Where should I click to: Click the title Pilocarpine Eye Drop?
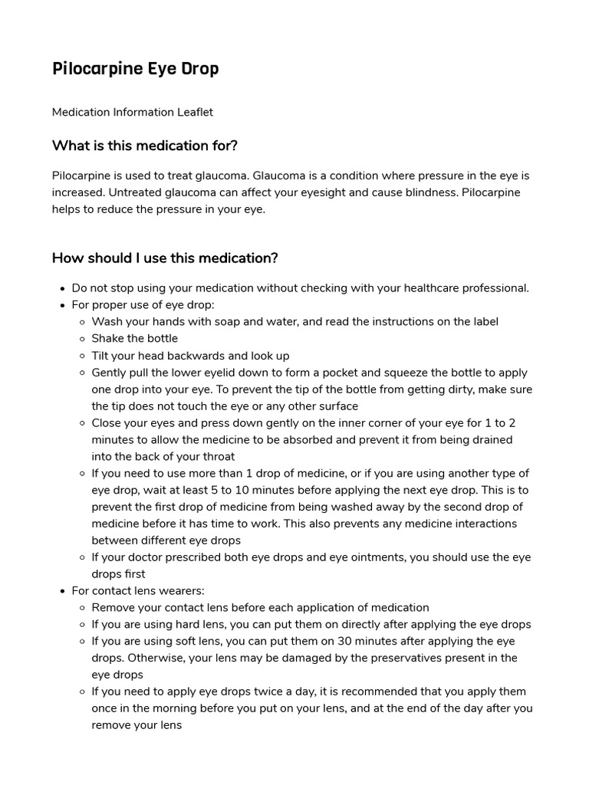(x=135, y=69)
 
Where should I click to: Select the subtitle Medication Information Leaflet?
(x=132, y=112)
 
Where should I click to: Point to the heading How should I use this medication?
(x=164, y=258)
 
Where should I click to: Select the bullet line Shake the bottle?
(x=134, y=339)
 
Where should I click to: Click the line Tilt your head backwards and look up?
(x=190, y=356)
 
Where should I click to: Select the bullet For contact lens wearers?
(x=138, y=591)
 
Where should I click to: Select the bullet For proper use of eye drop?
(x=143, y=305)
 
